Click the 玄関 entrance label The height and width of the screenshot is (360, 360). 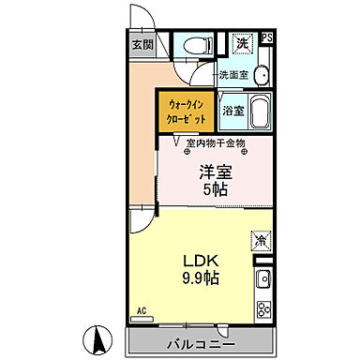tap(142, 44)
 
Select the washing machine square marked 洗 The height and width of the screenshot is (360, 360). tap(243, 43)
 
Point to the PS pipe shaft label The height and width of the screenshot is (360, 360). tap(267, 38)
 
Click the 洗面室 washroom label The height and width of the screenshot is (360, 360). tap(233, 74)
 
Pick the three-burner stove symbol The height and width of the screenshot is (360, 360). tap(263, 309)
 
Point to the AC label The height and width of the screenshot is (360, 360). tap(142, 310)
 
